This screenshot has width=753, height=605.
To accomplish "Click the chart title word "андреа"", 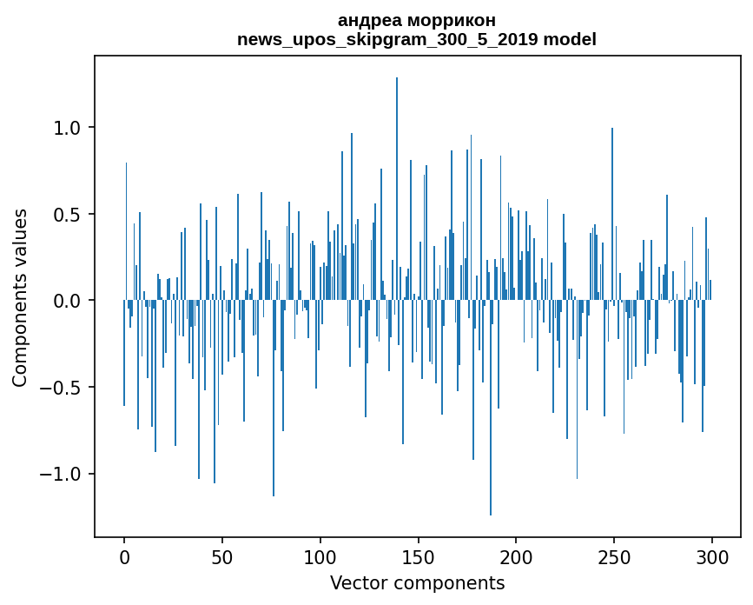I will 366,20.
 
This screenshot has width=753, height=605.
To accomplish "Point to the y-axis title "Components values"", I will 20,297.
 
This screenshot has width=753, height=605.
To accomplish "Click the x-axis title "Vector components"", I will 417,583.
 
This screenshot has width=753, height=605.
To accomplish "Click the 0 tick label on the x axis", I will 124,556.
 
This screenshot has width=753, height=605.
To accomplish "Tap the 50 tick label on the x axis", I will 222,556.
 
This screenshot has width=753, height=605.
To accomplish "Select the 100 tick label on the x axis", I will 320,556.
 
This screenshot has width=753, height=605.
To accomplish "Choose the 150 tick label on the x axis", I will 419,556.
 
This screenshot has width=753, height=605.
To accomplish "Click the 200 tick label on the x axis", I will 516,556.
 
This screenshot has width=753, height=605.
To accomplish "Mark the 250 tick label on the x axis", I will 614,556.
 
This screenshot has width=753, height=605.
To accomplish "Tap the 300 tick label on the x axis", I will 712,556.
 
